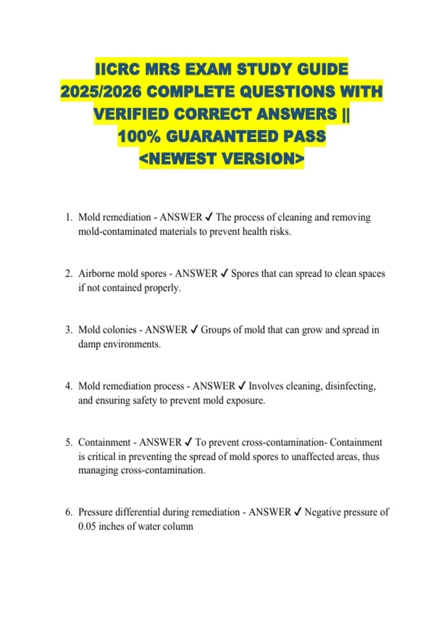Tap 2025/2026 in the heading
click(101, 92)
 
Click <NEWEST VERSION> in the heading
click(221, 159)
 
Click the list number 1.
click(69, 217)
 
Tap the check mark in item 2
click(224, 273)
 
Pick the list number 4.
click(69, 386)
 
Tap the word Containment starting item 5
click(104, 442)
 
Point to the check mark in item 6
click(298, 512)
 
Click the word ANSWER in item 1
click(181, 217)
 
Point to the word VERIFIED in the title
click(131, 114)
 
